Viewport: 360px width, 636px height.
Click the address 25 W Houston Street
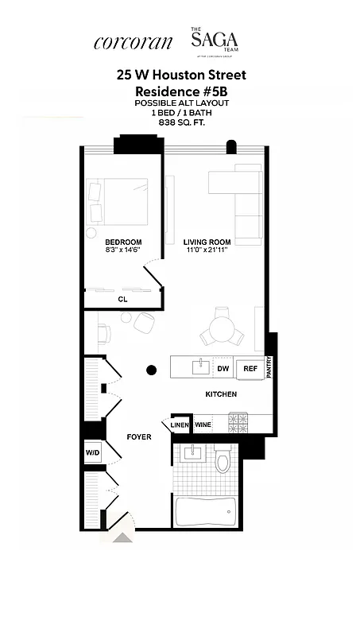point(181,76)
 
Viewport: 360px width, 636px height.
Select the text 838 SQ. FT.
point(180,123)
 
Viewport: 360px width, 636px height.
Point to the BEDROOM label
point(123,242)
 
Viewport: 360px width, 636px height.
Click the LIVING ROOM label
point(207,242)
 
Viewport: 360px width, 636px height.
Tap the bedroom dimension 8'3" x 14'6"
point(123,250)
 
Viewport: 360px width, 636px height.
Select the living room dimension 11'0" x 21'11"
point(207,250)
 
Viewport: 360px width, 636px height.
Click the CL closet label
point(122,299)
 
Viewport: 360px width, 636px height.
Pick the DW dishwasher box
point(223,368)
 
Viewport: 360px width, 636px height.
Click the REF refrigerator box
point(250,368)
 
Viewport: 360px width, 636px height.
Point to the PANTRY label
point(270,367)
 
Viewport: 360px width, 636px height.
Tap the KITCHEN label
point(221,394)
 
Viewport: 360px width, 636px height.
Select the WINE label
point(203,425)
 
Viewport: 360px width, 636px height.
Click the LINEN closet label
point(179,425)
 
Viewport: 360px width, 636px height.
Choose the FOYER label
point(139,437)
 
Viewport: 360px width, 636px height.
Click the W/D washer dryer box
point(92,453)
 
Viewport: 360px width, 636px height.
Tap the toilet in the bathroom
point(223,462)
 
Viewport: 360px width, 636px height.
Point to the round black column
point(151,369)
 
